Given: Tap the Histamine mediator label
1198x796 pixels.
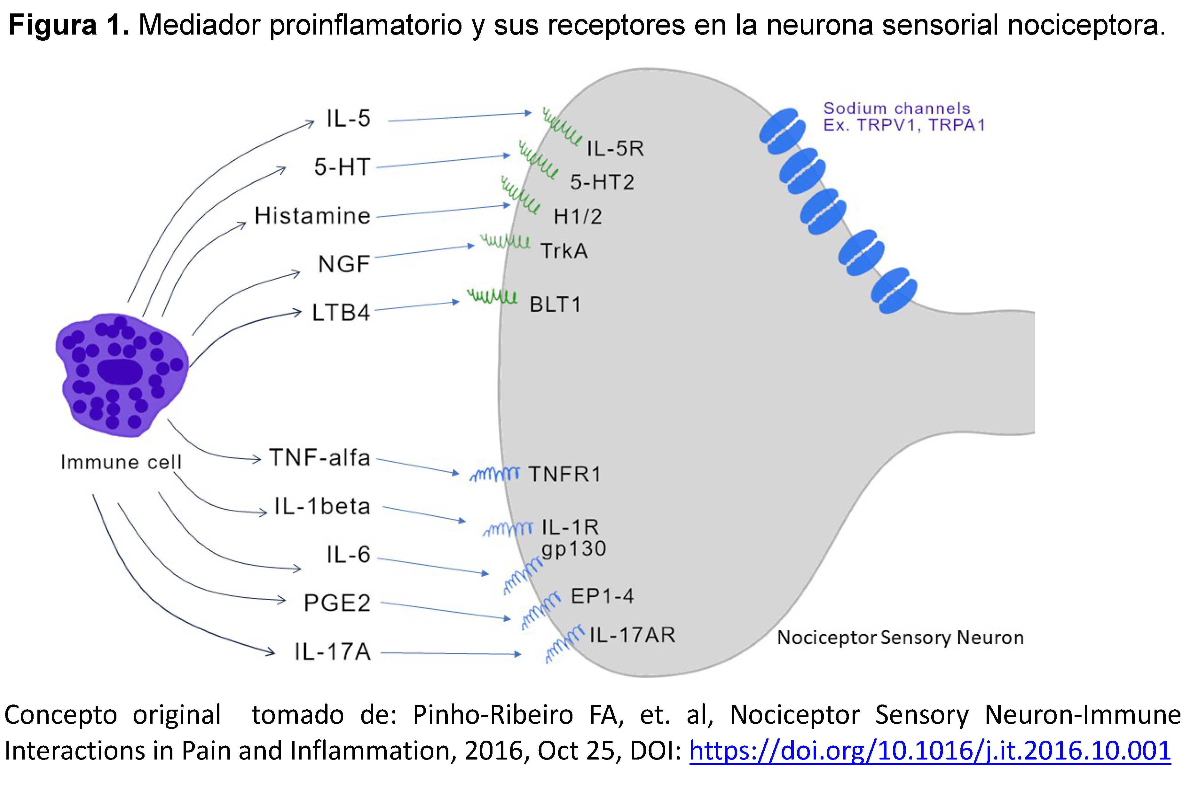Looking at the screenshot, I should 312,216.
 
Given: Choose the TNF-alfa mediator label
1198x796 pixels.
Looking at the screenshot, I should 320,458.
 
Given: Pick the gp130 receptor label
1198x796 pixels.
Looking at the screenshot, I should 573,549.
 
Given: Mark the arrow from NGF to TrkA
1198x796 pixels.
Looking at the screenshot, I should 424,251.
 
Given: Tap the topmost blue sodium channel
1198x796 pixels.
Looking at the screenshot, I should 782,131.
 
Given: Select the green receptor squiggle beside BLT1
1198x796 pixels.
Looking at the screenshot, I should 492,296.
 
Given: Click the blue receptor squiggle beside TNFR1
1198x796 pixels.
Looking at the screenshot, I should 495,474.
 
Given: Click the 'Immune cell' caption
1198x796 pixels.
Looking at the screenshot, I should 121,462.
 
